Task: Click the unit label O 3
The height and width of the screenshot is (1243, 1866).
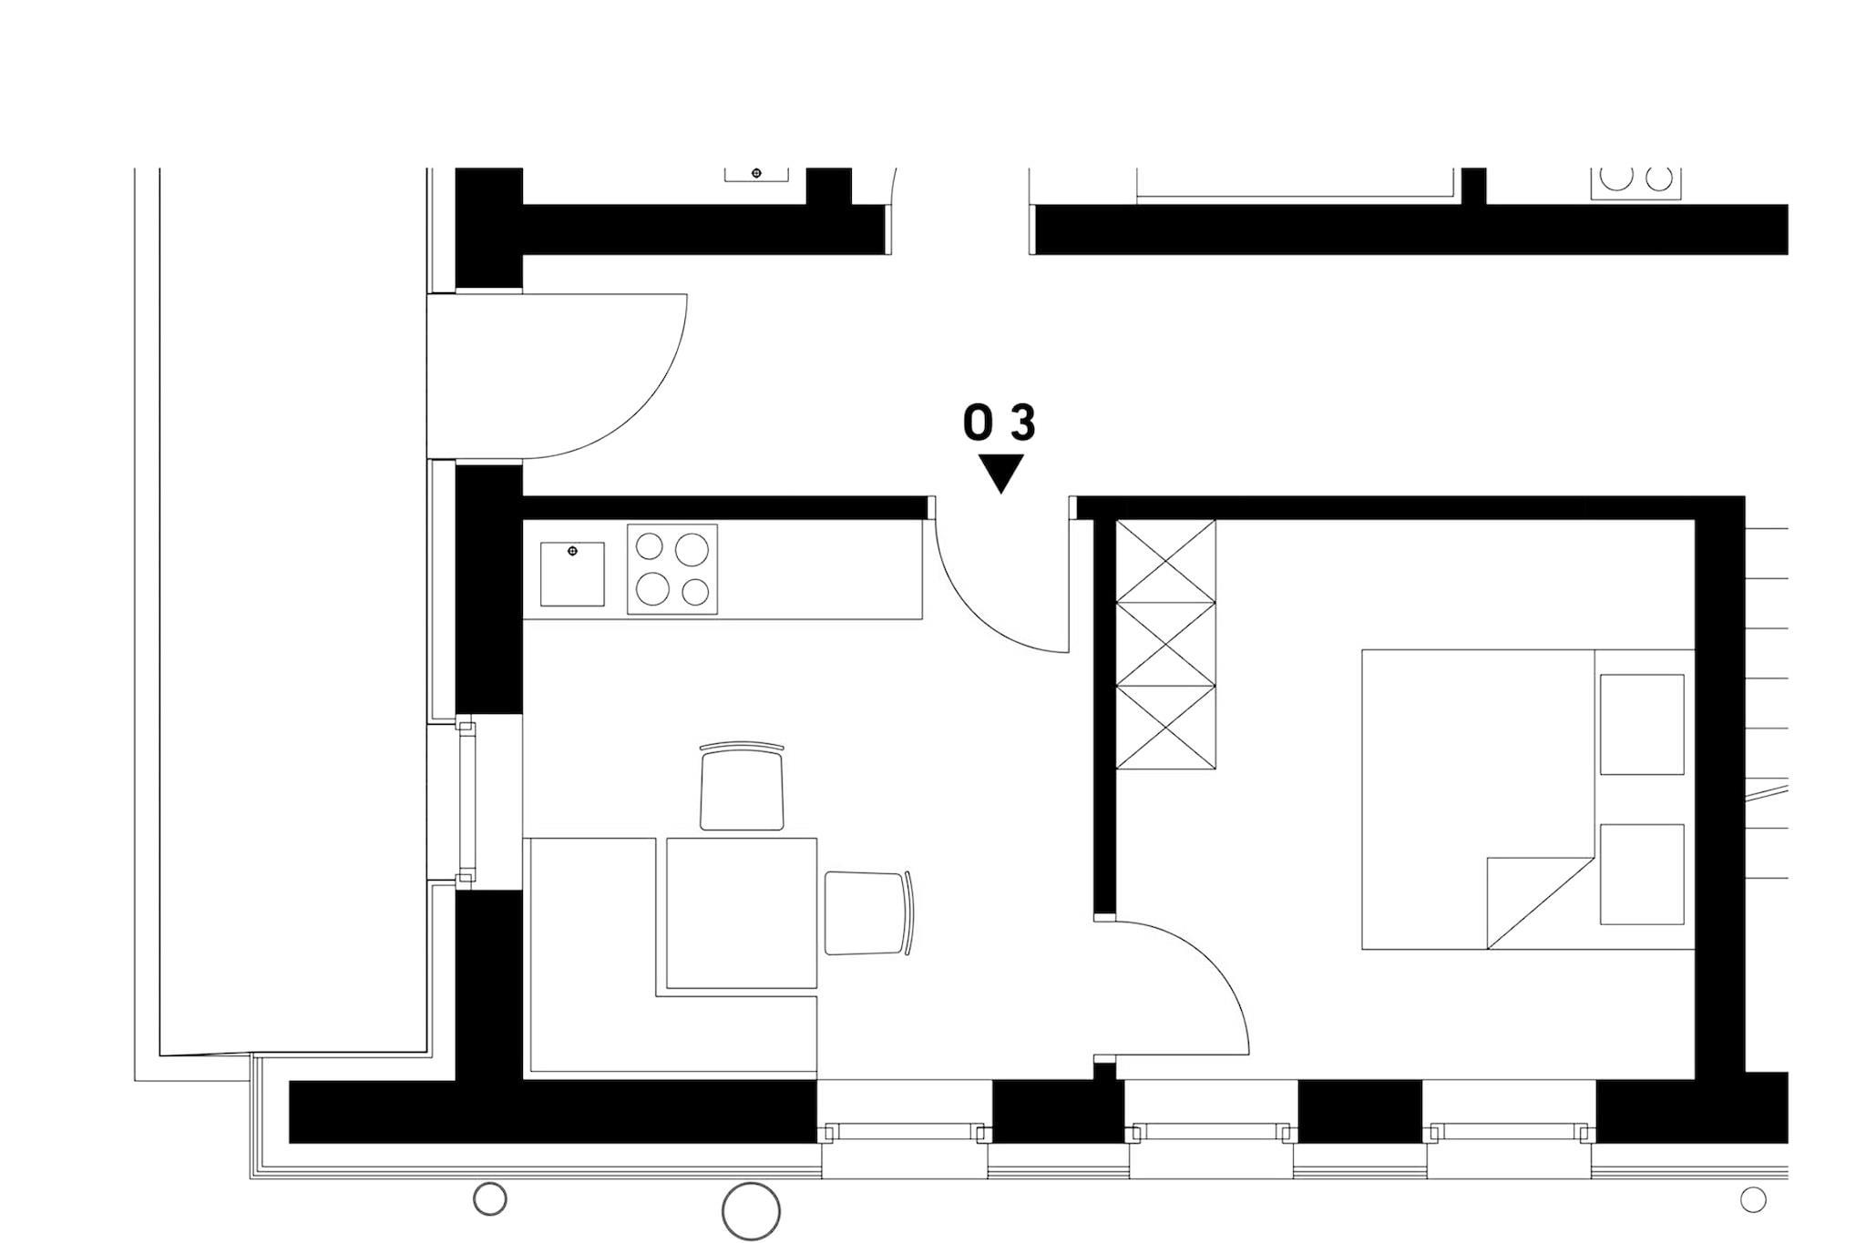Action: (1000, 423)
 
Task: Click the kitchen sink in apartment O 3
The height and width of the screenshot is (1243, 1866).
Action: (572, 574)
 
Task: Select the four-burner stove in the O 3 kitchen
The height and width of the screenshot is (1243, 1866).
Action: (672, 569)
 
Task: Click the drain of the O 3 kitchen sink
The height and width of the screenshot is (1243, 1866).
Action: (572, 552)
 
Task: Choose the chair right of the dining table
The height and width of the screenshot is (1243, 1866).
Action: (868, 912)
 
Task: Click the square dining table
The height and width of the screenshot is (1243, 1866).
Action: (742, 913)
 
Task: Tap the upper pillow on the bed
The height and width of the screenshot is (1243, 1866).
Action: (1642, 724)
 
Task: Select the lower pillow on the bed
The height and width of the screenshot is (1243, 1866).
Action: (1642, 874)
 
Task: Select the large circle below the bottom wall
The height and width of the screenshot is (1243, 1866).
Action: (751, 1212)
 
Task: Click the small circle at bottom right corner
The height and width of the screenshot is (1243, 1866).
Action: (1753, 1199)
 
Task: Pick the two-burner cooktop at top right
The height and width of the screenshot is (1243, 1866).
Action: (1636, 182)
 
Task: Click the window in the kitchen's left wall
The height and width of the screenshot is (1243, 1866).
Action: (466, 802)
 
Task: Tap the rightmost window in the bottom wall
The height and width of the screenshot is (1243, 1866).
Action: (1512, 1134)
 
